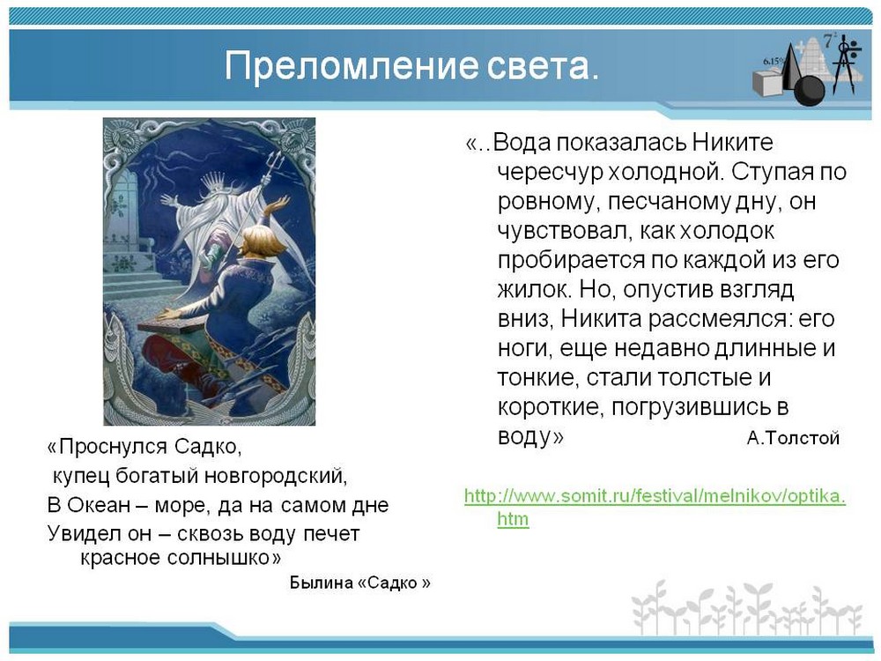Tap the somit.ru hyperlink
655,507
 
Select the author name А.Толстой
793,438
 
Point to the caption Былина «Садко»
360,583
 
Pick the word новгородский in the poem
276,476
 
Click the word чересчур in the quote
548,172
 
